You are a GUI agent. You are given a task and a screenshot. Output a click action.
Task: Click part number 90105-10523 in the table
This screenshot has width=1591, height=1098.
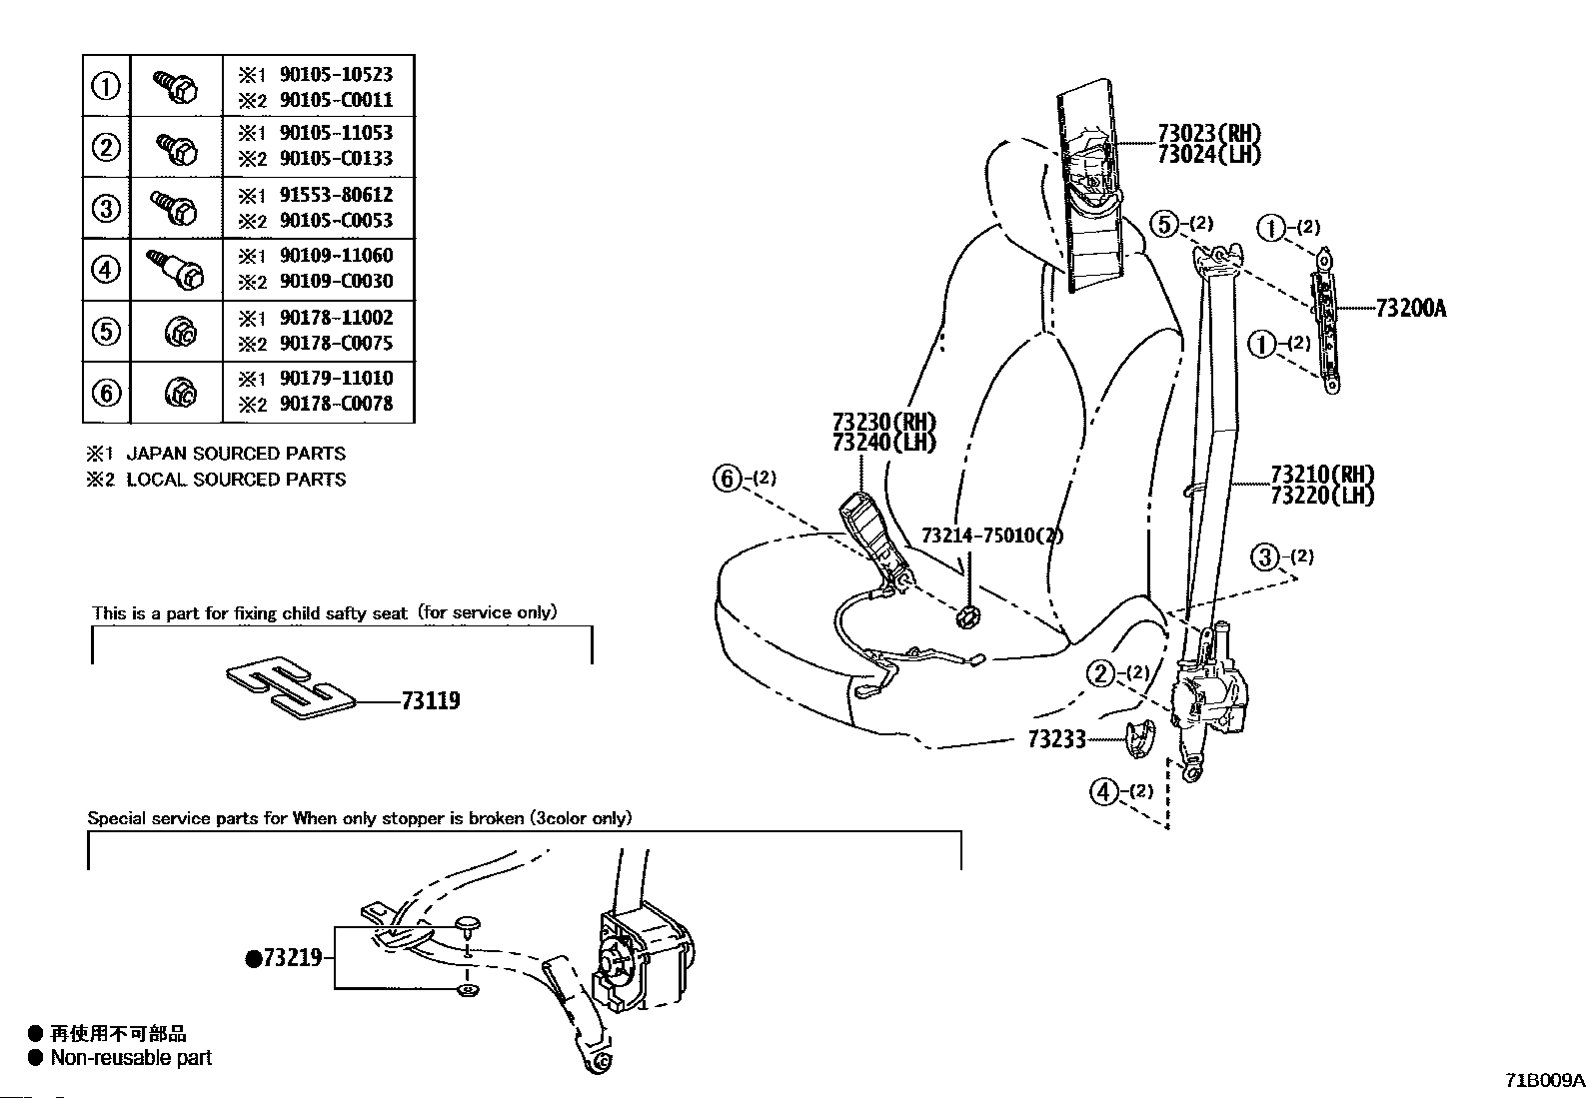(336, 75)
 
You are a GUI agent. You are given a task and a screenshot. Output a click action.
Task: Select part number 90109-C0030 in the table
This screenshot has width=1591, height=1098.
(336, 282)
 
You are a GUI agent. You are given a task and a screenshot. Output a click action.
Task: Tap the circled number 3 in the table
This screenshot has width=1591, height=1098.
(106, 208)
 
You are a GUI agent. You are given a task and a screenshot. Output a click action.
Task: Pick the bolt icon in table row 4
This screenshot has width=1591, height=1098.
(176, 269)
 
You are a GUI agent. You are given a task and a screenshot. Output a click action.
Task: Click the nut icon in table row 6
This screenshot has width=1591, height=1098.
(181, 393)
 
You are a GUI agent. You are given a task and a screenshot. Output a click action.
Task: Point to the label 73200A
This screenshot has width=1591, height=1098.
(1410, 309)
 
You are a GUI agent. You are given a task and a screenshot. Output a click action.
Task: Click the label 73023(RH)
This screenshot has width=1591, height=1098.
(1209, 133)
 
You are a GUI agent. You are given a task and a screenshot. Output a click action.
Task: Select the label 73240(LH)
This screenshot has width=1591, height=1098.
(884, 443)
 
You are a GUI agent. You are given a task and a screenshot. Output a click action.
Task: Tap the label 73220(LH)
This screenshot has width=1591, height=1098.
(1322, 495)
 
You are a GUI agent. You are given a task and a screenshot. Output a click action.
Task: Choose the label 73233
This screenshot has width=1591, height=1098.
(1057, 739)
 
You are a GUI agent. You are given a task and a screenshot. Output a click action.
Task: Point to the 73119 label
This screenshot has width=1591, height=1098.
(431, 701)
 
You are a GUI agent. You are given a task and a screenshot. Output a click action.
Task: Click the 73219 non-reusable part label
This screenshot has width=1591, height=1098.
(284, 958)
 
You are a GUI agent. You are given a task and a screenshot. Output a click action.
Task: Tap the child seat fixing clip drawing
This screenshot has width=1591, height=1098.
(290, 686)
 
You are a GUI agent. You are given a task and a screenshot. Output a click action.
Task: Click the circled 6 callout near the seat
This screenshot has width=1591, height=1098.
(728, 478)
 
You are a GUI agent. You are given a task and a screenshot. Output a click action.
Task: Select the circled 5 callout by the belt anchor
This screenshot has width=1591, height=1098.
(1164, 225)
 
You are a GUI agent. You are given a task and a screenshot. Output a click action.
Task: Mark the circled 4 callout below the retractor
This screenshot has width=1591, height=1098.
(1103, 791)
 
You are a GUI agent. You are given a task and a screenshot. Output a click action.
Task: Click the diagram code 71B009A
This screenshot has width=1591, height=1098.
(1545, 1080)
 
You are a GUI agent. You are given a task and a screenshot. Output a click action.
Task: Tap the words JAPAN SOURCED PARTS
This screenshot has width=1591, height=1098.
(236, 454)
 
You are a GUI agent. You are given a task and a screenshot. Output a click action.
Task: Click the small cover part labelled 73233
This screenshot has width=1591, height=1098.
(1140, 738)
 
